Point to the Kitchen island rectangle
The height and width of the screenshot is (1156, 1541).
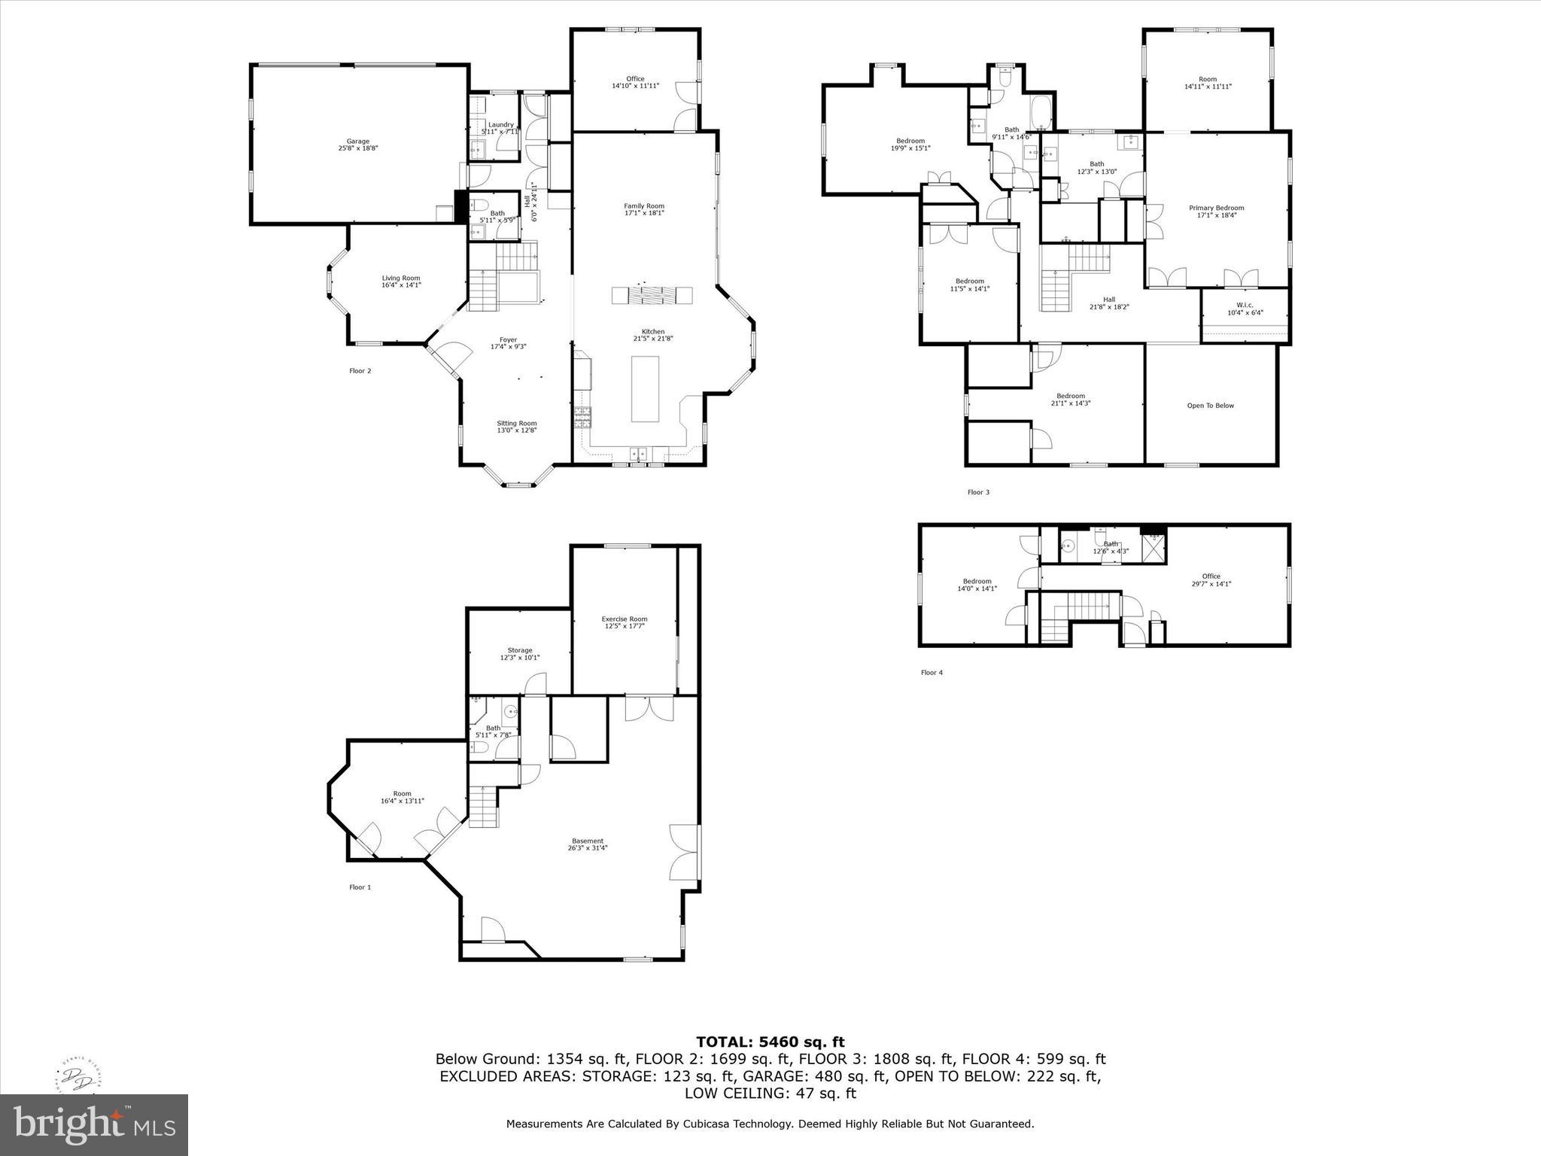point(645,388)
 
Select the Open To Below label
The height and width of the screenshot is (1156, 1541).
point(1210,406)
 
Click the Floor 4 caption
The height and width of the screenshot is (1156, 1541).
point(931,673)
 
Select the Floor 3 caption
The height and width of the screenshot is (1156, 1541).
point(978,492)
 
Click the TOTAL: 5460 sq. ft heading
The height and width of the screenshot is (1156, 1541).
point(770,1042)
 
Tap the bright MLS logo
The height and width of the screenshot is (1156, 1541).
point(94,1124)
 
